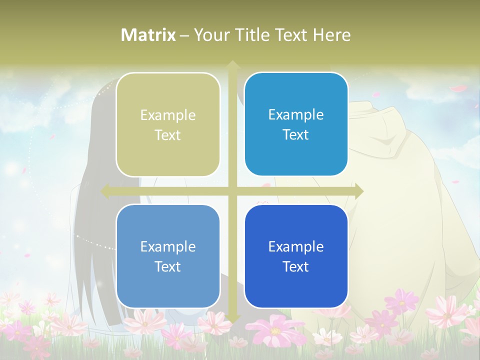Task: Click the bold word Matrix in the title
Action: click(148, 35)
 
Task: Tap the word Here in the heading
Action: click(331, 35)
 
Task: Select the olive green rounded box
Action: click(168, 125)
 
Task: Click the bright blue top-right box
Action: click(296, 125)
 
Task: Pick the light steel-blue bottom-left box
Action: click(168, 256)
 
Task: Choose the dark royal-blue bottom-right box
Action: click(296, 256)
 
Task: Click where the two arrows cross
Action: click(232, 191)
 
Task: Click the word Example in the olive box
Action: click(168, 115)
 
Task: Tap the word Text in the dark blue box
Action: click(296, 266)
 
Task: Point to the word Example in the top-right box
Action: click(296, 115)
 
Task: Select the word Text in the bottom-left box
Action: click(168, 266)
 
